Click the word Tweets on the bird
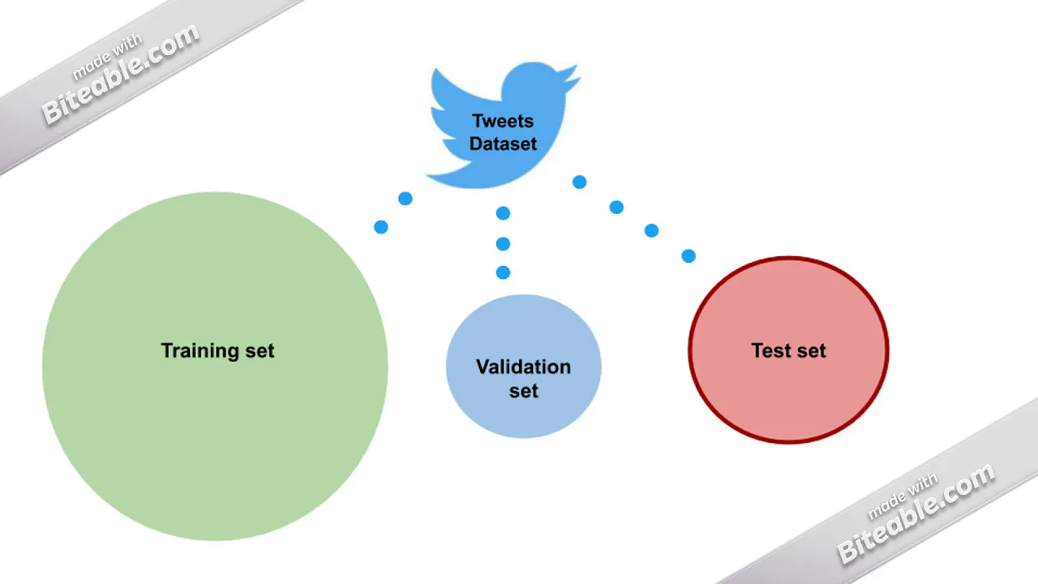503,121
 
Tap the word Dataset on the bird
503,144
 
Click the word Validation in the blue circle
523,367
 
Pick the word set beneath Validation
524,391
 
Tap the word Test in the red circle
770,351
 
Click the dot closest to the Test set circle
688,255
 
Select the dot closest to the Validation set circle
504,273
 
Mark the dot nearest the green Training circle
381,227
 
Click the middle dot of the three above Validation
504,244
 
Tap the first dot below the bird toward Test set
579,182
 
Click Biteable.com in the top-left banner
121,73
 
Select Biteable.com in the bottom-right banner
916,513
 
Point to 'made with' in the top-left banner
107,57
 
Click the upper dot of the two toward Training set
405,199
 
